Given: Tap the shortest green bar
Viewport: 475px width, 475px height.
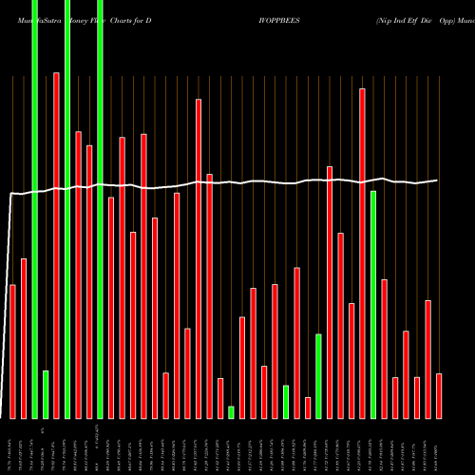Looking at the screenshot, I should (x=231, y=411).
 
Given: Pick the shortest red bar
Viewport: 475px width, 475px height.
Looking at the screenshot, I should (x=308, y=408).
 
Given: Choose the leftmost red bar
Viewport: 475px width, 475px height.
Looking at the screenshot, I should (x=13, y=351).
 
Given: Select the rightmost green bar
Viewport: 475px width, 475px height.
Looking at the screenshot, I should (x=373, y=304).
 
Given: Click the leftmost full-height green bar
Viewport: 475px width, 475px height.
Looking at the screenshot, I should (x=34, y=209).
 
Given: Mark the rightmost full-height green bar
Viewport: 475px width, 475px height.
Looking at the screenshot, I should (x=100, y=209).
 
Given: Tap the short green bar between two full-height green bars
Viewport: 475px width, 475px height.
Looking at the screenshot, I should (x=46, y=394).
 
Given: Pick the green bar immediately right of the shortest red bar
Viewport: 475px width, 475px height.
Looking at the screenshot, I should (x=318, y=376).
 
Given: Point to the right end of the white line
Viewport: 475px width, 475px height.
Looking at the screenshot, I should (x=438, y=180).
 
